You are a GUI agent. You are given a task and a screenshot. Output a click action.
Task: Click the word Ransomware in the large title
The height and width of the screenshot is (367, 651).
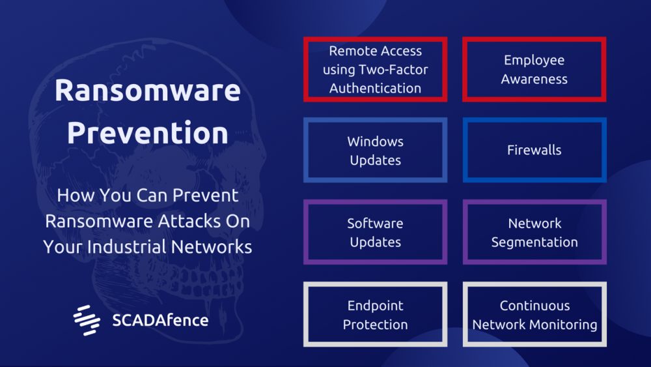(x=147, y=90)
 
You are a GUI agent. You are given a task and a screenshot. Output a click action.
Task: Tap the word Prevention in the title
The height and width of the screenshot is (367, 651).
(x=147, y=133)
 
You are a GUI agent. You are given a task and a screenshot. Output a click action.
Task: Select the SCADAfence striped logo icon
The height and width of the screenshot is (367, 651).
(x=87, y=320)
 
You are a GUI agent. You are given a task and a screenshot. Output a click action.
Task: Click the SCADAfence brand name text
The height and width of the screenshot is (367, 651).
(x=160, y=320)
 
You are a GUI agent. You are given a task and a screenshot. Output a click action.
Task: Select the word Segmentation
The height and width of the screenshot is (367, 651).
(x=534, y=242)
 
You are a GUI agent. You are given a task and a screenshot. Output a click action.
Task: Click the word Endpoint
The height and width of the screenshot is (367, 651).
(x=376, y=306)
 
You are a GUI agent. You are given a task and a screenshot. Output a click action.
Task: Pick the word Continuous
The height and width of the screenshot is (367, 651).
(x=534, y=306)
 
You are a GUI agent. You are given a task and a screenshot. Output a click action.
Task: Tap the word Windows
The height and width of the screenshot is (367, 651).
(x=376, y=141)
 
